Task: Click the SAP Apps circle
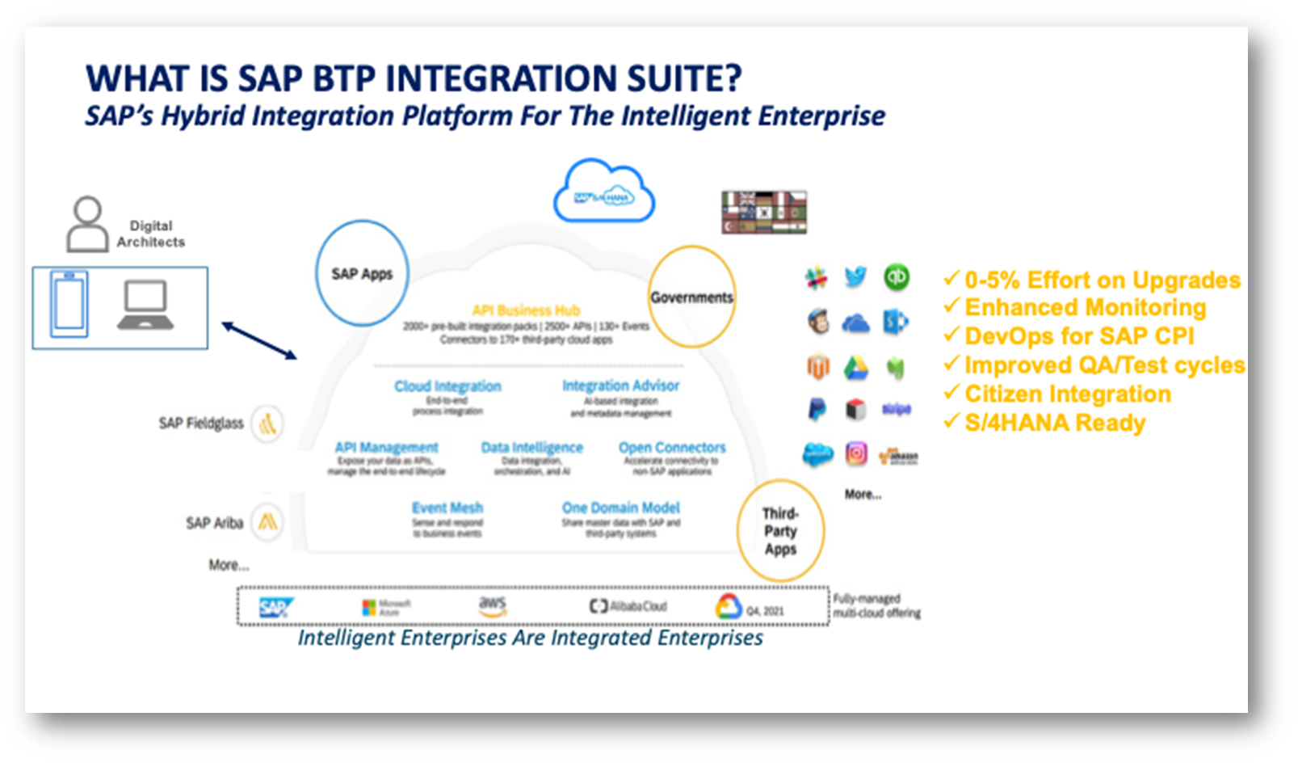(361, 273)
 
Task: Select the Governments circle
(691, 297)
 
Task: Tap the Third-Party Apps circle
(780, 531)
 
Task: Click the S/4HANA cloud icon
(604, 192)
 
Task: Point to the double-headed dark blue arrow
(259, 340)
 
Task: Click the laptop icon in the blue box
(145, 306)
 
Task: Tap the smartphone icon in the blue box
(69, 304)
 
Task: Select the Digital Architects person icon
(87, 225)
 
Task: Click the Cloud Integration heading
(447, 386)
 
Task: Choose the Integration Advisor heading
(620, 386)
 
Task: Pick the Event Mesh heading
(447, 508)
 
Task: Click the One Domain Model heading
(620, 508)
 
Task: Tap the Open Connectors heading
(672, 447)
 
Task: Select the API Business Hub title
(526, 310)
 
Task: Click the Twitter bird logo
(855, 277)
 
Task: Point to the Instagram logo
(856, 453)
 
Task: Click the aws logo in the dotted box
(492, 605)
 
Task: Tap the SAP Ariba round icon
(267, 522)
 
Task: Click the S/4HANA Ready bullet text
(1054, 423)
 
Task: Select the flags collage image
(763, 212)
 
